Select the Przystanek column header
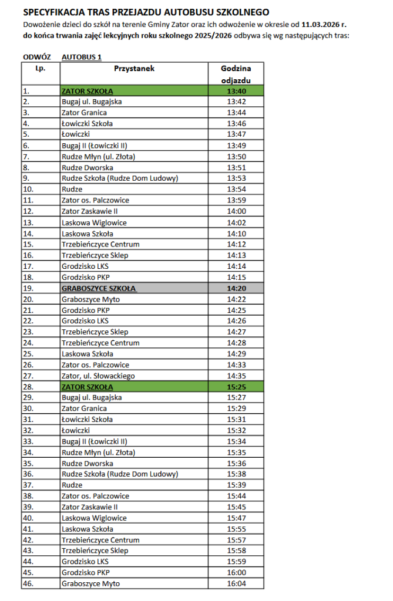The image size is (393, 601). click(134, 69)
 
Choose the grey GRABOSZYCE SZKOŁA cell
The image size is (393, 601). click(98, 288)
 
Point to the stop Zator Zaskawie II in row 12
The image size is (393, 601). click(89, 211)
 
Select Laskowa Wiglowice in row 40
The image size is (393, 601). click(94, 518)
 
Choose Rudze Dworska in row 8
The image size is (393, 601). click(84, 167)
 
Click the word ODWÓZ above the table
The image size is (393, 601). click(36, 57)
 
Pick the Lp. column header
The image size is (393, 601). click(40, 69)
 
